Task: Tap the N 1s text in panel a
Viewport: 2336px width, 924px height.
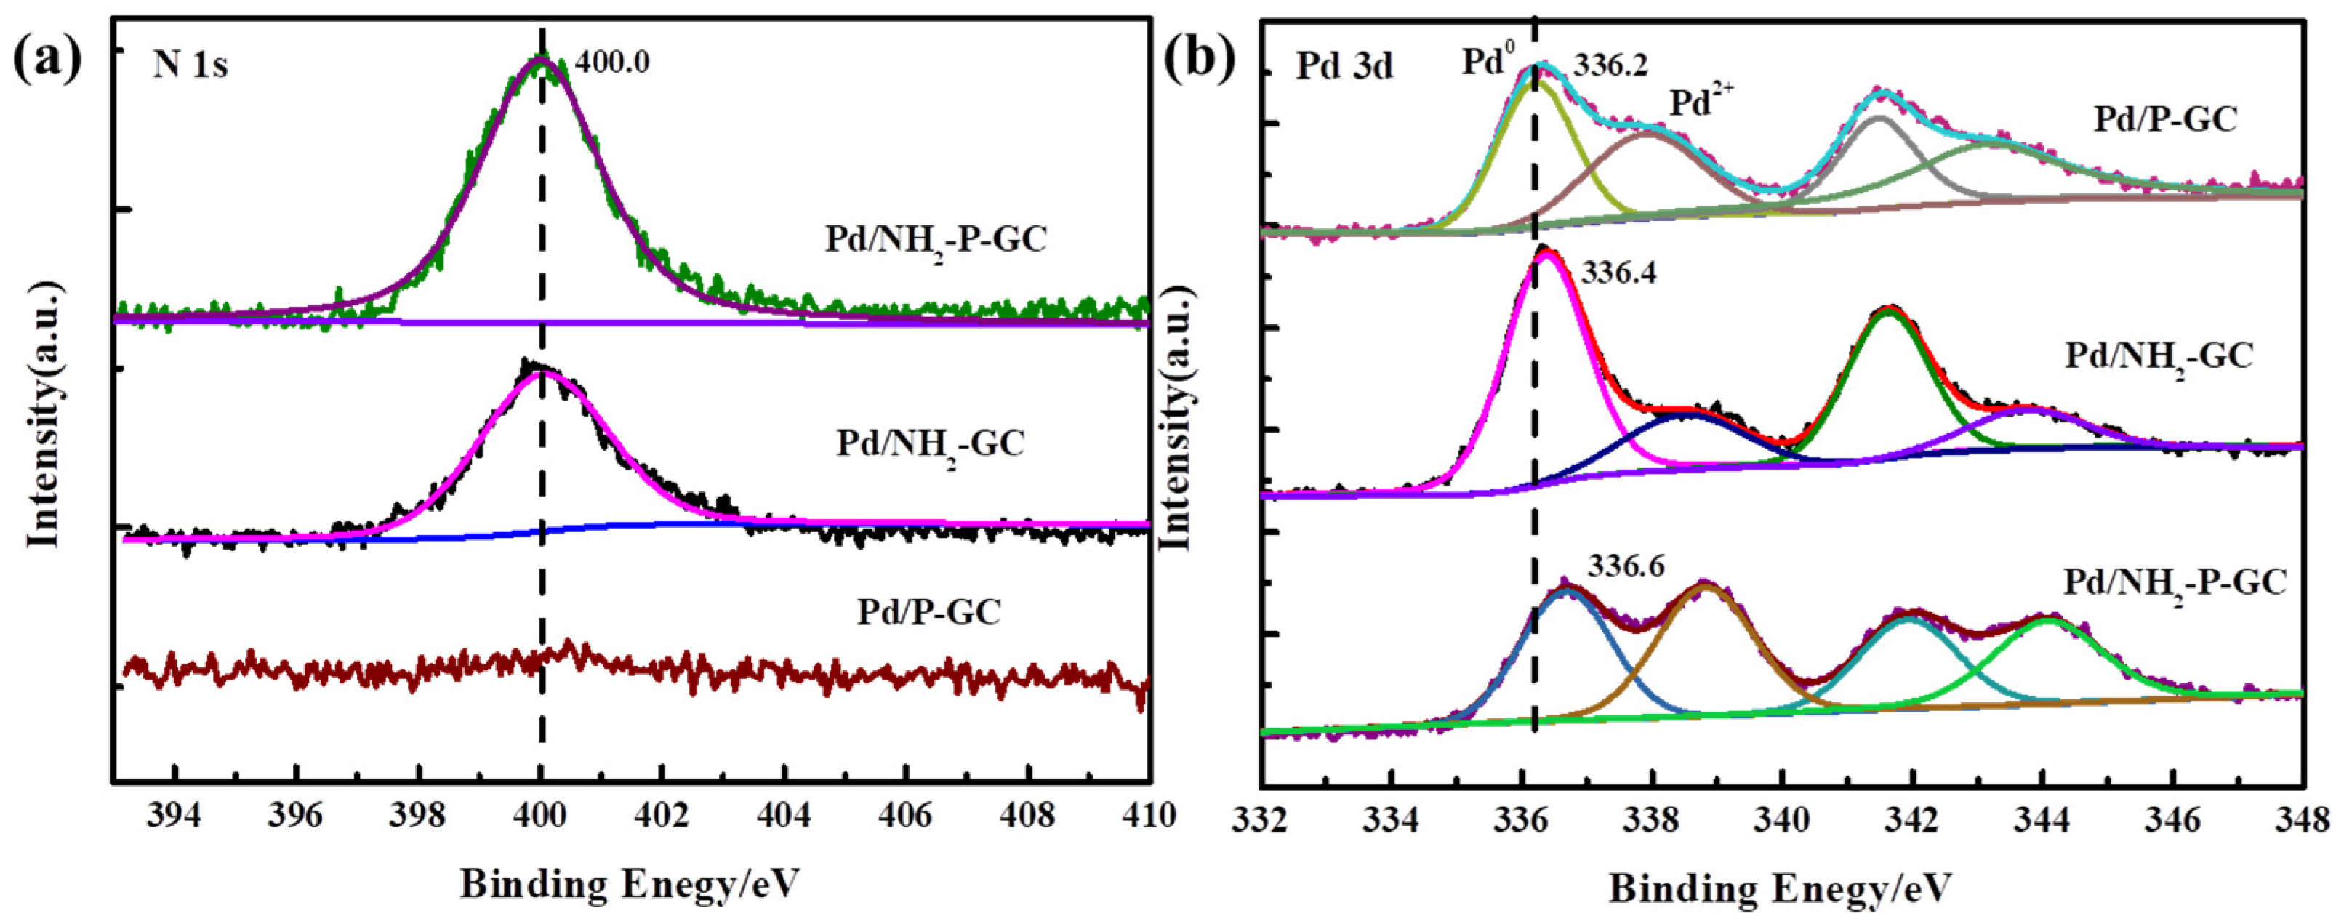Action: (190, 65)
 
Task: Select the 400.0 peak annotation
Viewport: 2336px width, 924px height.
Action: (614, 63)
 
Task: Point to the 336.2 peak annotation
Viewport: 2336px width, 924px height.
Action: (1610, 65)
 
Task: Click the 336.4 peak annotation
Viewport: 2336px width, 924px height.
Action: (1618, 272)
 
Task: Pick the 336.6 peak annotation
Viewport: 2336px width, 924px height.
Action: (1624, 566)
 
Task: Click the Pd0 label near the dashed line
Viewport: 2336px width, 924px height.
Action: (1488, 63)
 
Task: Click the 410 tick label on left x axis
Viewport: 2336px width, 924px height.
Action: (1148, 816)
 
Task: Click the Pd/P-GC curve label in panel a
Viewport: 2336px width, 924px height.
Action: (928, 612)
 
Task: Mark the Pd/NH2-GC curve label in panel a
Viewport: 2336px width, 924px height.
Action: (929, 443)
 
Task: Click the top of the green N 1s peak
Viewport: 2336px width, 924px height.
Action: (539, 60)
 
